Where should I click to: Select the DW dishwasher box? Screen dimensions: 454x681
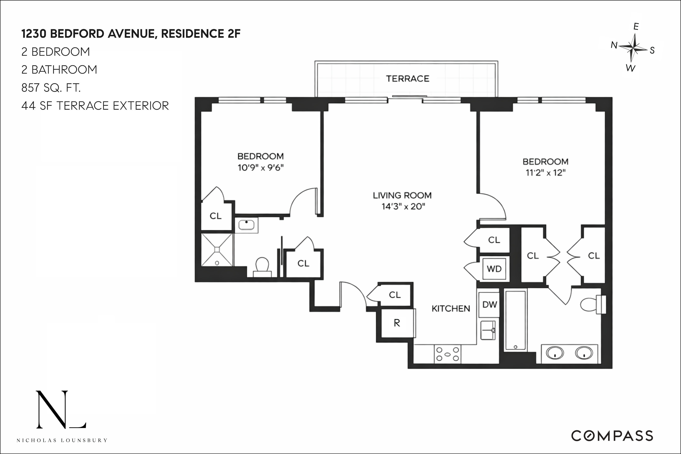[490, 304]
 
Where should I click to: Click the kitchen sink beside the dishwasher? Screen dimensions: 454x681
[488, 330]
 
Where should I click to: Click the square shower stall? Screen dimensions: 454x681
[217, 249]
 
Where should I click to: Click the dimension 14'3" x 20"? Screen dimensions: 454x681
[403, 206]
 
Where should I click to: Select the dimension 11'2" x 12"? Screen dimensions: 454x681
[545, 173]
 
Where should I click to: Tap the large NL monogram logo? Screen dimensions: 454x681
[61, 409]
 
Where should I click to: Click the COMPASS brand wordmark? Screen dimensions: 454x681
[612, 436]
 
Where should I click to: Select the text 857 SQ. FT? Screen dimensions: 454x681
[51, 87]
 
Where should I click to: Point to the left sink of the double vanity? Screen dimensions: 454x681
[555, 353]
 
